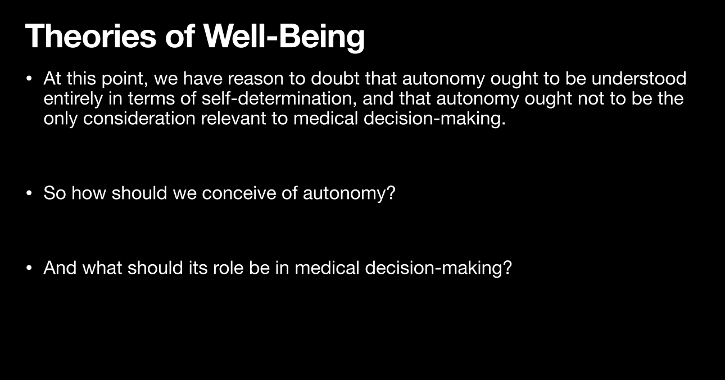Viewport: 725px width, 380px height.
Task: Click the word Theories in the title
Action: [x=90, y=36]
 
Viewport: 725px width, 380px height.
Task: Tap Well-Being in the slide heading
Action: [x=284, y=38]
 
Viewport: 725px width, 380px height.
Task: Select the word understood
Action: [x=639, y=78]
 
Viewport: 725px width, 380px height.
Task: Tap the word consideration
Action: [x=139, y=119]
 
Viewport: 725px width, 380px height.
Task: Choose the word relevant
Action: [x=233, y=119]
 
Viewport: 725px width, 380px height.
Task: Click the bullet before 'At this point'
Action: [x=29, y=79]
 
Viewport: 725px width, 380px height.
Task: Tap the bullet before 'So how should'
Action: [x=29, y=193]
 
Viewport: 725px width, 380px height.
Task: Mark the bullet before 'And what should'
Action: [x=29, y=268]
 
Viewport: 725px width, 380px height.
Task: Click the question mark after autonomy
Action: [x=391, y=193]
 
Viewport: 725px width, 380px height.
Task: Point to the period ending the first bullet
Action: [x=504, y=124]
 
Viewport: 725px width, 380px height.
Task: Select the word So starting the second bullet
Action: [x=55, y=193]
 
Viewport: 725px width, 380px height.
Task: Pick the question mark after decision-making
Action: [x=507, y=268]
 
